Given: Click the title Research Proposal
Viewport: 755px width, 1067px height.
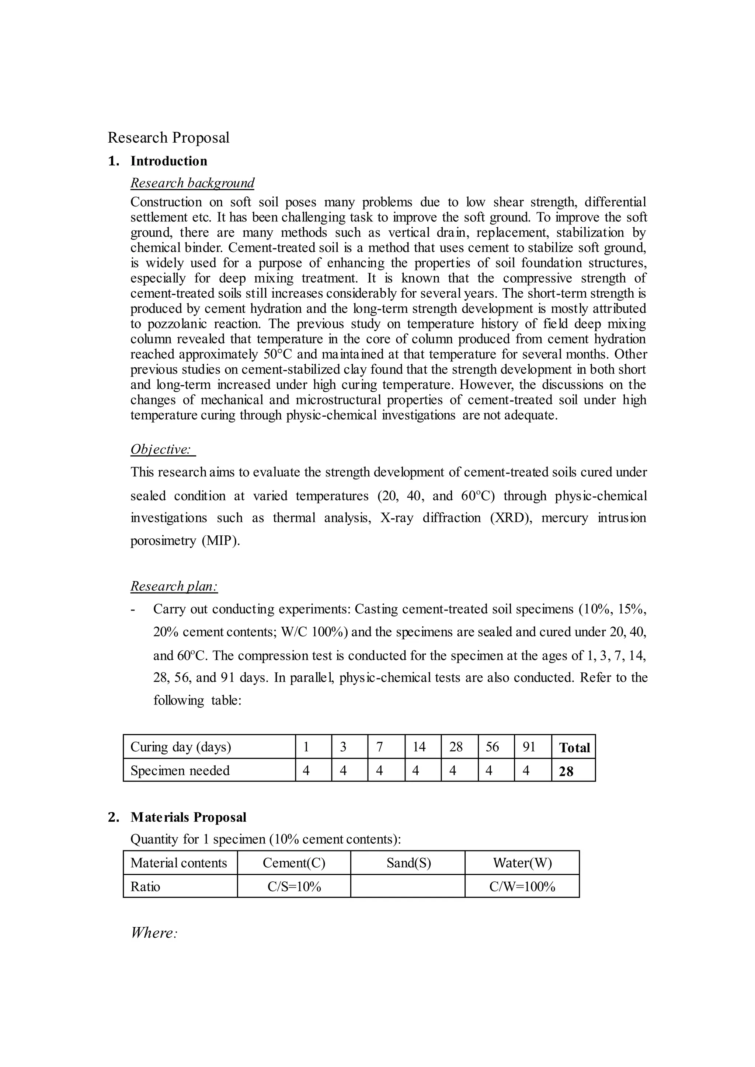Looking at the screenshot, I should (x=168, y=137).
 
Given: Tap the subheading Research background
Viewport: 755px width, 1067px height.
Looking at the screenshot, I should (x=192, y=183).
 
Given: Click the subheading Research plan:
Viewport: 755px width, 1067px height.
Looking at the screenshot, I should (x=174, y=586).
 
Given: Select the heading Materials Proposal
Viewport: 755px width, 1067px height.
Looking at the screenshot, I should (x=188, y=817).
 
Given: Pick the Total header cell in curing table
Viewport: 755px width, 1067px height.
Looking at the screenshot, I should (x=574, y=747).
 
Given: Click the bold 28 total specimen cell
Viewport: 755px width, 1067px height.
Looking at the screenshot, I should (x=566, y=772).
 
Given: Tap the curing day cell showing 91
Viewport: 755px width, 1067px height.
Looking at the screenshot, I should (x=529, y=747).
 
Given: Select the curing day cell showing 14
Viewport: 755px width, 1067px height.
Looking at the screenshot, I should (x=419, y=747).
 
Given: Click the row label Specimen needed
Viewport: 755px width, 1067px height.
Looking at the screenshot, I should (x=180, y=770).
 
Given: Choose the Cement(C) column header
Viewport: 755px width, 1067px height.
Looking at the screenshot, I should (x=294, y=863).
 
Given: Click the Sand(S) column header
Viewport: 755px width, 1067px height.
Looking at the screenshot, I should (x=408, y=863).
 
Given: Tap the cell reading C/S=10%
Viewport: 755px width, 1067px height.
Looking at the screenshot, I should (x=294, y=887).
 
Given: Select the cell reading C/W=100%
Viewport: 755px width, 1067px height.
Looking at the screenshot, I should (x=522, y=887).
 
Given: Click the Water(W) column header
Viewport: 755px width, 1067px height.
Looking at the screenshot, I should (x=522, y=863).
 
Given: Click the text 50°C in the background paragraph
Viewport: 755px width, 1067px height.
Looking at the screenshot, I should (x=278, y=354).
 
